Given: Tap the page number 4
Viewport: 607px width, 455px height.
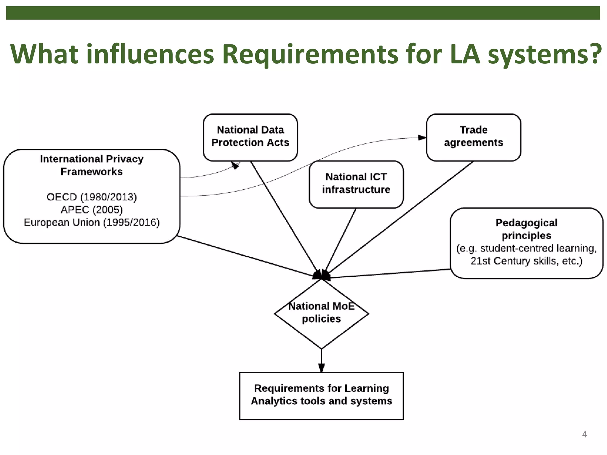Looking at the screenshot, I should (x=584, y=434).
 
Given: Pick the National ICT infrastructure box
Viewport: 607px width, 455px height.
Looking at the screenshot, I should (x=356, y=184).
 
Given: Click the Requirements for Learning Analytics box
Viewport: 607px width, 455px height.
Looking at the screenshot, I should (x=321, y=395).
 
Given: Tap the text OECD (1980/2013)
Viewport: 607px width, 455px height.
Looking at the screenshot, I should (x=92, y=197).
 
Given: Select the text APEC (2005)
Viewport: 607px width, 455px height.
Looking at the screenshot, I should (x=92, y=210).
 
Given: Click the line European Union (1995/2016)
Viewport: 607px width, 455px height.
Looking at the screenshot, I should (x=92, y=223).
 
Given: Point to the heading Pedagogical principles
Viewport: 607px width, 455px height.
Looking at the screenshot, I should (x=526, y=229).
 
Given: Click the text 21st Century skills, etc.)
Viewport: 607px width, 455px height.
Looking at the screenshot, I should (x=526, y=261).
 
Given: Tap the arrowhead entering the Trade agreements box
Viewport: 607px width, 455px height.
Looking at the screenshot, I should (x=422, y=138).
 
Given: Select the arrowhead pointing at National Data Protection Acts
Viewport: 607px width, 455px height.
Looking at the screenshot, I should (x=235, y=165).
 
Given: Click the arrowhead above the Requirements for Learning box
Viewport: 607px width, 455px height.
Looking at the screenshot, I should (x=321, y=368).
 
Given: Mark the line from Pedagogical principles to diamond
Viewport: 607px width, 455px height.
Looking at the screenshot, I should (x=391, y=273).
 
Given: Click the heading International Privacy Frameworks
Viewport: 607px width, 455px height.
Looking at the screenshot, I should (x=92, y=165).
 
